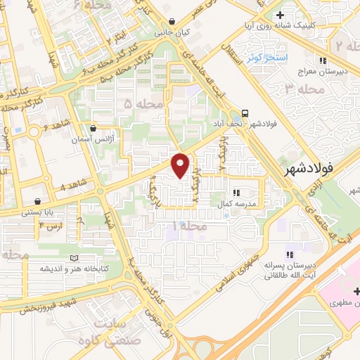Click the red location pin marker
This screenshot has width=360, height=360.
tap(181, 165)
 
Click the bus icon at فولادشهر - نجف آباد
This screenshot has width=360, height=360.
tap(245, 112)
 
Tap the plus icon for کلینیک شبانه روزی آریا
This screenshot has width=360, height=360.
tap(280, 15)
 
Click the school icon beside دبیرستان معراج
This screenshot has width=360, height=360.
tap(323, 60)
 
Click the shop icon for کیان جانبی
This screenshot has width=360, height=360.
tap(173, 22)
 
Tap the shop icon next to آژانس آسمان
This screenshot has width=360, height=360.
tap(94, 129)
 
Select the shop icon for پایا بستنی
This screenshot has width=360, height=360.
tap(46, 200)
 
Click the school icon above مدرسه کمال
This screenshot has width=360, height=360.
tap(236, 191)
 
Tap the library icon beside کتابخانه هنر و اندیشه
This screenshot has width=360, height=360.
tap(75, 258)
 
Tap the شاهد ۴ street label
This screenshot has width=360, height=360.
tap(73, 186)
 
